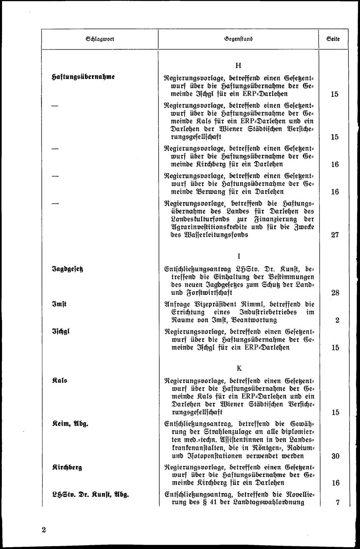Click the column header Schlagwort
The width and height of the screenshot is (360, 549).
[x=100, y=39]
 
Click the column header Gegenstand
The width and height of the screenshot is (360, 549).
[x=238, y=39]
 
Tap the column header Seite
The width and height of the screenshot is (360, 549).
[x=333, y=39]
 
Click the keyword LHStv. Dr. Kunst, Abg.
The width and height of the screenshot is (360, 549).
[x=90, y=495]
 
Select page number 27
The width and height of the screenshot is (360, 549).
[x=335, y=235]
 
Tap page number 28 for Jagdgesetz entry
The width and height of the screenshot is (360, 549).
[x=335, y=293]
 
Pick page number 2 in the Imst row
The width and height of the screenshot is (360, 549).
[x=337, y=321]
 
